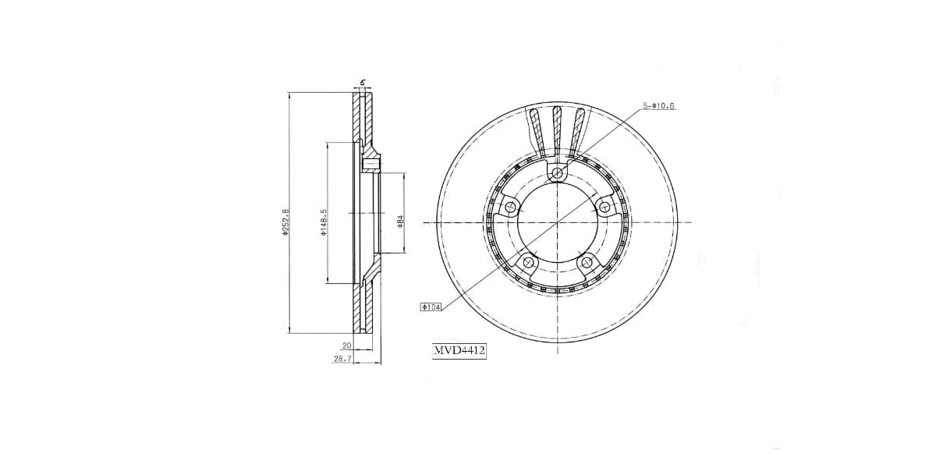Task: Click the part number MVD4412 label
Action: (x=459, y=350)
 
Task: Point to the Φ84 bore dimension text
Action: (x=400, y=221)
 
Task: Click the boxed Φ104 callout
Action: (x=431, y=307)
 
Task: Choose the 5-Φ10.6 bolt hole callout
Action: (x=658, y=106)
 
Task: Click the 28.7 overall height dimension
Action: (x=342, y=359)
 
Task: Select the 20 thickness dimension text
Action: (x=347, y=346)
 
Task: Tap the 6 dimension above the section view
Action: (x=363, y=83)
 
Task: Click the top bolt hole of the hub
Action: (x=558, y=172)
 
